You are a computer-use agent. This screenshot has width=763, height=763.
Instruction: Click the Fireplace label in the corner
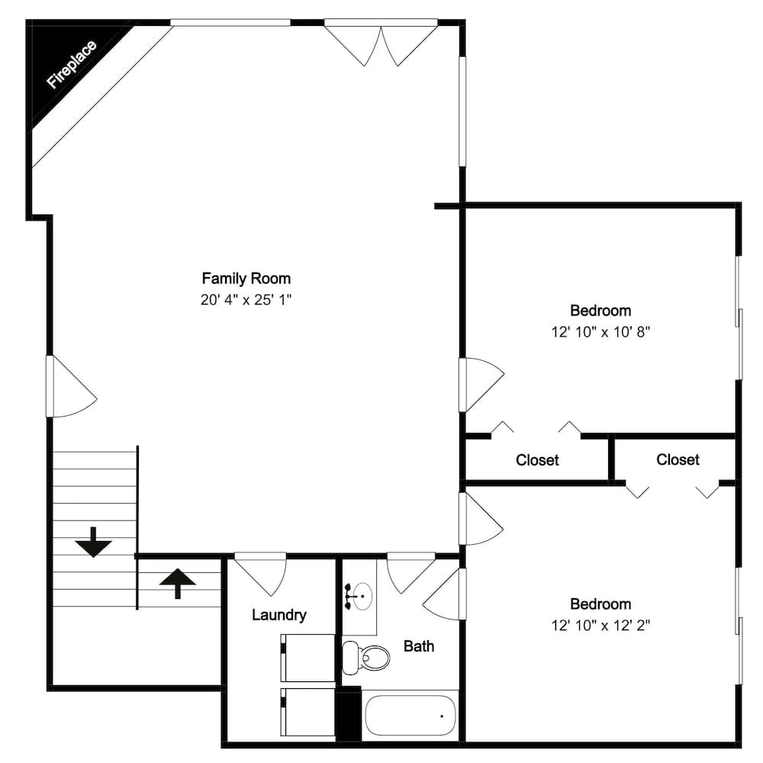point(71,66)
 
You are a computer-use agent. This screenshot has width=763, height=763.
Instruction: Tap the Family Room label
point(246,278)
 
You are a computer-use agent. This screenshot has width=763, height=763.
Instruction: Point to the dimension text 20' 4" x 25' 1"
point(246,300)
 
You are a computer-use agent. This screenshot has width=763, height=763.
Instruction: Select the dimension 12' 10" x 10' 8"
point(600,332)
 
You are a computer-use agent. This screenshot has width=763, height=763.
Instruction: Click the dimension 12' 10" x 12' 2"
point(600,626)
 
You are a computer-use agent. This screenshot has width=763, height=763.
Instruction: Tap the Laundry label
point(279,615)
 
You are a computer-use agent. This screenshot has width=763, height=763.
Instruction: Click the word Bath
point(419,646)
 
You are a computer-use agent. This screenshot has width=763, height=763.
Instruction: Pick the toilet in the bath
point(364,655)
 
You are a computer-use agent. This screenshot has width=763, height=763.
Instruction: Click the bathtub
point(410,716)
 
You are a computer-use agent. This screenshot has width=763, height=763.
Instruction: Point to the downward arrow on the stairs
point(93,542)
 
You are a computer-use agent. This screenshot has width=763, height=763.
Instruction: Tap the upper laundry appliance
point(308,657)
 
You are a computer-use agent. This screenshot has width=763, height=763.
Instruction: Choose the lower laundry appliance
point(308,712)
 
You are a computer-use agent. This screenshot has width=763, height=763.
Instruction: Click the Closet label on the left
point(537,460)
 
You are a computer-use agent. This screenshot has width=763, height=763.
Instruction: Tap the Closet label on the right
point(678,459)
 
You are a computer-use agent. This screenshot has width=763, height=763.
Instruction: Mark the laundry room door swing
point(260,573)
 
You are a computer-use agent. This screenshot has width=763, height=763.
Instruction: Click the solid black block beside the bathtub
point(349,713)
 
